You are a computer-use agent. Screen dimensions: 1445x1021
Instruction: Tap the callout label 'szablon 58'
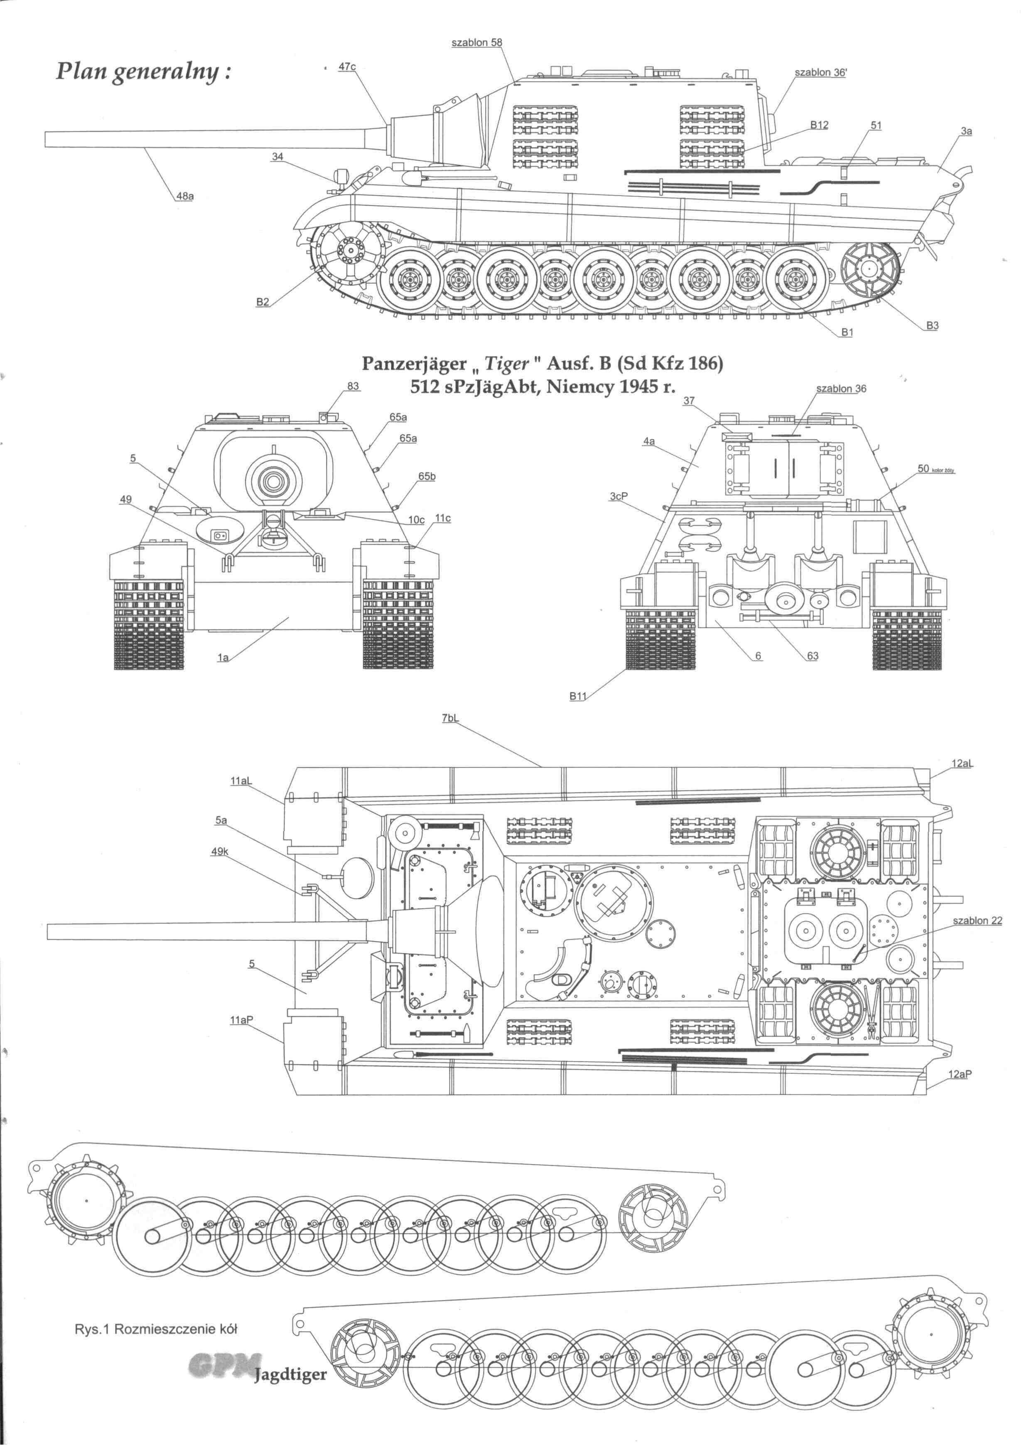click(477, 42)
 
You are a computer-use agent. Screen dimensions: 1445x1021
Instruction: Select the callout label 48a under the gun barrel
click(185, 196)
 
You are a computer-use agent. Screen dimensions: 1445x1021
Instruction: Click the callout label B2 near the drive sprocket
click(263, 302)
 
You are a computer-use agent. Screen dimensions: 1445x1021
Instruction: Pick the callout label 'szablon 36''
click(820, 72)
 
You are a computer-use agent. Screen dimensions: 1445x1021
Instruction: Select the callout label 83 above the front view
click(353, 386)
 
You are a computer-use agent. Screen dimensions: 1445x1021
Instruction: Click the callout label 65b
click(427, 476)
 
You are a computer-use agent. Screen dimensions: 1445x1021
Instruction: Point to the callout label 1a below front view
click(223, 658)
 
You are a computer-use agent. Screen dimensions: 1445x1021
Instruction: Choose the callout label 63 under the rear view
click(813, 656)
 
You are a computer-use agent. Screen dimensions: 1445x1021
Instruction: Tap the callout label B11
click(577, 695)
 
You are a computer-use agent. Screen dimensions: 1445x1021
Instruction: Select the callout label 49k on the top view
click(220, 852)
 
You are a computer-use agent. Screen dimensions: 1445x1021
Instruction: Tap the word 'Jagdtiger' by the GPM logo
click(291, 1374)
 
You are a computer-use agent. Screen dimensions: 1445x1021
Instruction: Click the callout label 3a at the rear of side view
click(966, 131)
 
